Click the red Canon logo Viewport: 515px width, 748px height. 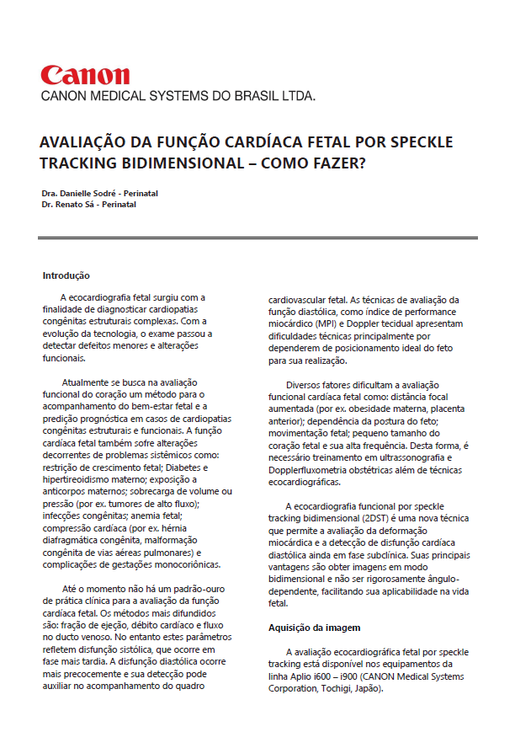coord(85,75)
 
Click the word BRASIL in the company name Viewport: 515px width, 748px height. coord(257,96)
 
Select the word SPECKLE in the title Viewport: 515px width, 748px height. coord(417,141)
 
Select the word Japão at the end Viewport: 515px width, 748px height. coord(369,688)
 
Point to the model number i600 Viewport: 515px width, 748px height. coord(320,676)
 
